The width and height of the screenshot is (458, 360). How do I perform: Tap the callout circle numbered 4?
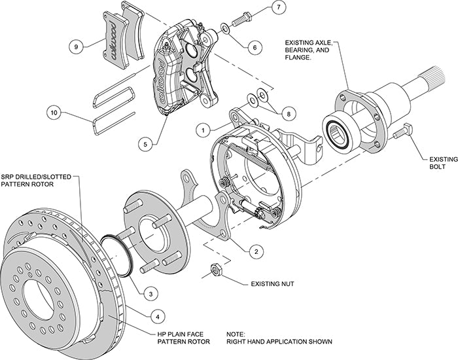156,316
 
